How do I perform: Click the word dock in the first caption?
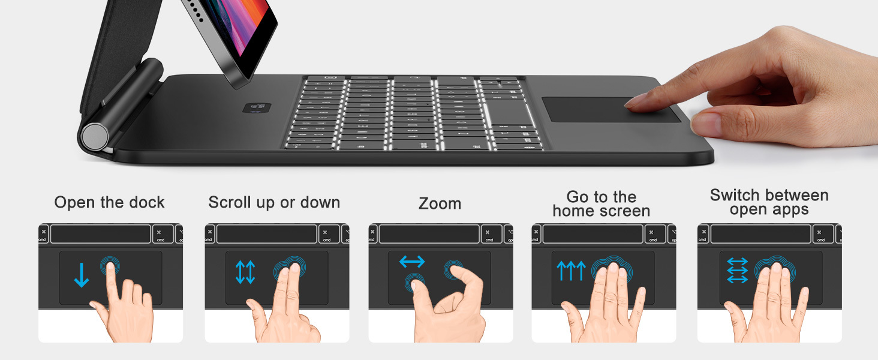tap(147, 202)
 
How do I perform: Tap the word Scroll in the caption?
tap(229, 202)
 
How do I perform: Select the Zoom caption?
tap(440, 203)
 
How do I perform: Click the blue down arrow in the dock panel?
tap(81, 275)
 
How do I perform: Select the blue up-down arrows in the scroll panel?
tap(245, 272)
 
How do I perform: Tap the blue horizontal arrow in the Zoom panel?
tap(412, 262)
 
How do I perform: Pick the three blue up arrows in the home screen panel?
tap(571, 271)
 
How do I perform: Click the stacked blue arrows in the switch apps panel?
tap(737, 270)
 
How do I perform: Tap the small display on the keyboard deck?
tap(257, 107)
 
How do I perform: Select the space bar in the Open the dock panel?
tap(100, 234)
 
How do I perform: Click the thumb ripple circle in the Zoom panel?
tap(414, 282)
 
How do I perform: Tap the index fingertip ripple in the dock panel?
tap(110, 266)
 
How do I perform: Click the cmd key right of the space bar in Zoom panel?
tap(492, 234)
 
